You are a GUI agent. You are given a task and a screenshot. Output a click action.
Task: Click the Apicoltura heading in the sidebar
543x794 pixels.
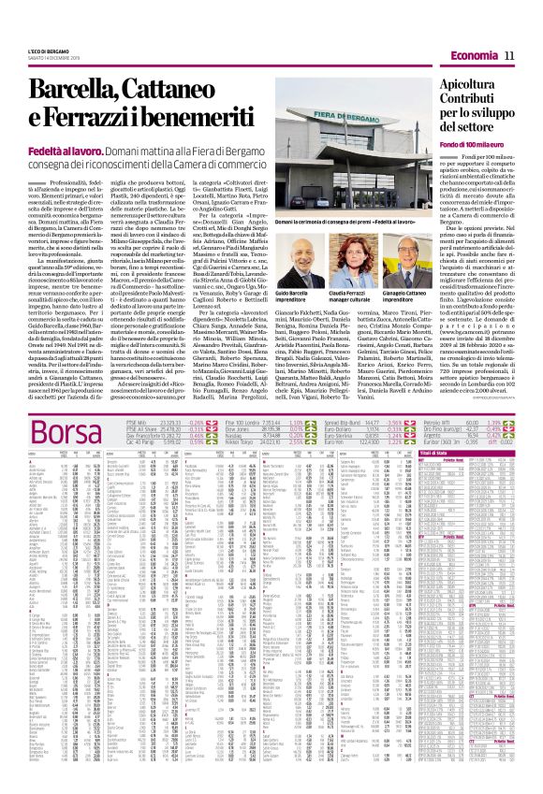coord(489,84)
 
